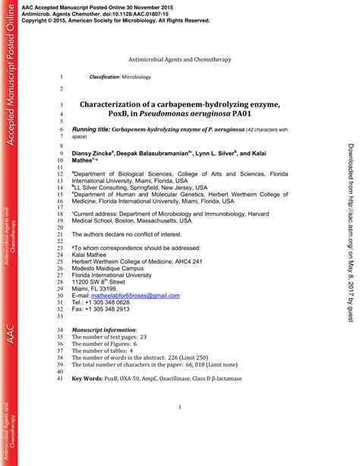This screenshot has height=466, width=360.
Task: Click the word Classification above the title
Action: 103,78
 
